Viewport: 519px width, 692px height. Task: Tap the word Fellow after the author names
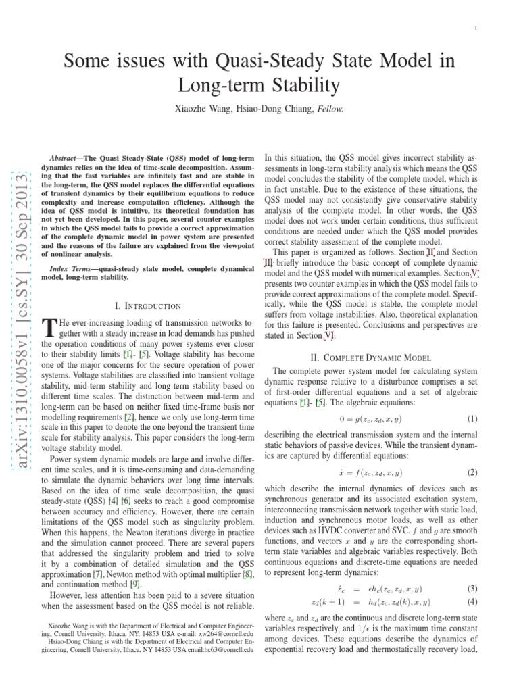[x=326, y=108]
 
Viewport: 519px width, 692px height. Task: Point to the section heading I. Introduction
[x=149, y=306]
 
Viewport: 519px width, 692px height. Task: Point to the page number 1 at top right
[x=477, y=28]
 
